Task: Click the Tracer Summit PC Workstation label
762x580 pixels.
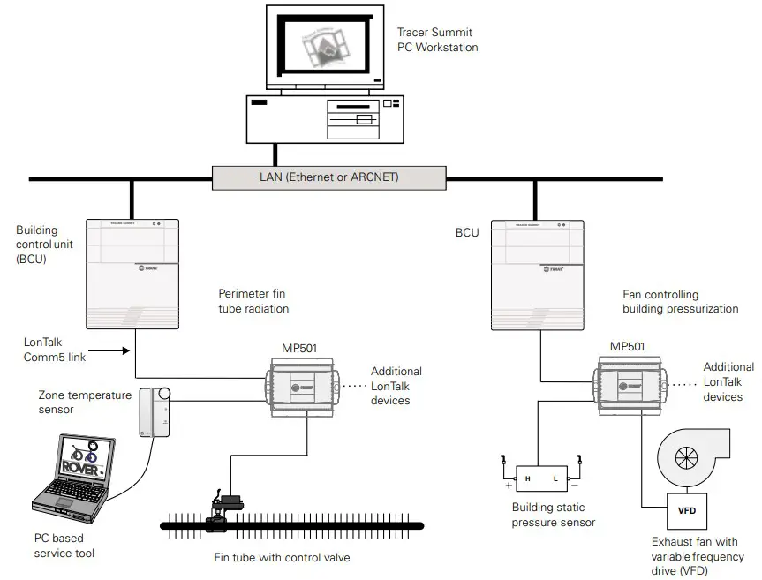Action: point(437,40)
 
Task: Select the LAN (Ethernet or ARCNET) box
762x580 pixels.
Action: point(328,177)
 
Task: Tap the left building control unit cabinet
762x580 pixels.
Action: point(132,274)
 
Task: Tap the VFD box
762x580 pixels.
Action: point(685,511)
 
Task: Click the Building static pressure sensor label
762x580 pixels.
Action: point(554,515)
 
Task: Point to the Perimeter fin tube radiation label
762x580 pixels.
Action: point(253,300)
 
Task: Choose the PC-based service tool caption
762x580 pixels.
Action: point(64,546)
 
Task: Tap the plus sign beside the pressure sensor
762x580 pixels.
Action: point(508,486)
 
